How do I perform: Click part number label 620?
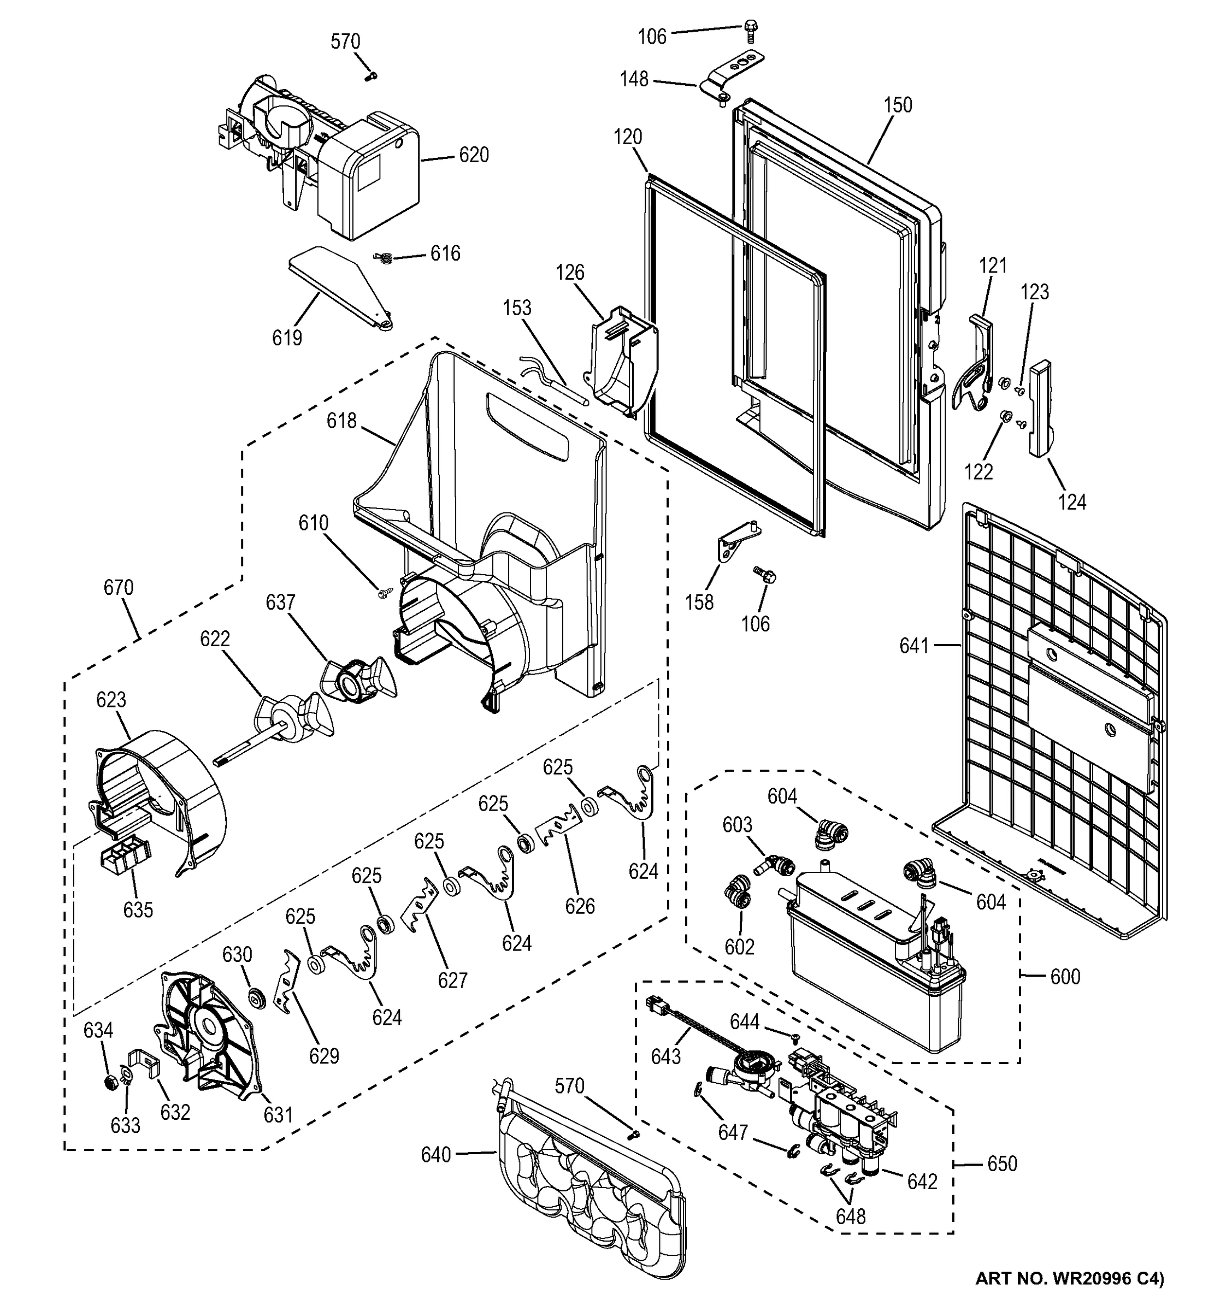click(x=474, y=155)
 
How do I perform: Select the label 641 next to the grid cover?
click(x=913, y=646)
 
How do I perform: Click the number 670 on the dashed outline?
click(x=118, y=587)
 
